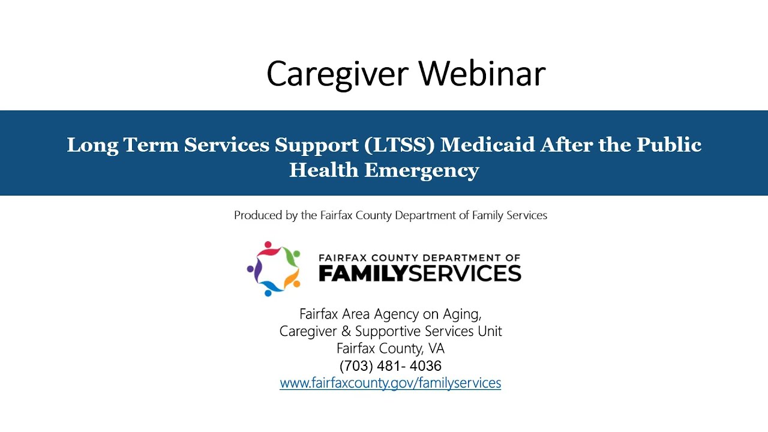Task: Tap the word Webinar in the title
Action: [482, 74]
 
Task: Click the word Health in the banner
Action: [323, 170]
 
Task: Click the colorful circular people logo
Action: [274, 268]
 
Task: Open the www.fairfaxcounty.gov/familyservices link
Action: [390, 383]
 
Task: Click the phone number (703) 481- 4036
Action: [390, 366]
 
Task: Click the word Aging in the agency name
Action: [463, 314]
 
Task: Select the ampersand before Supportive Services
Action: [345, 331]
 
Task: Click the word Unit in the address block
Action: [491, 331]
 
